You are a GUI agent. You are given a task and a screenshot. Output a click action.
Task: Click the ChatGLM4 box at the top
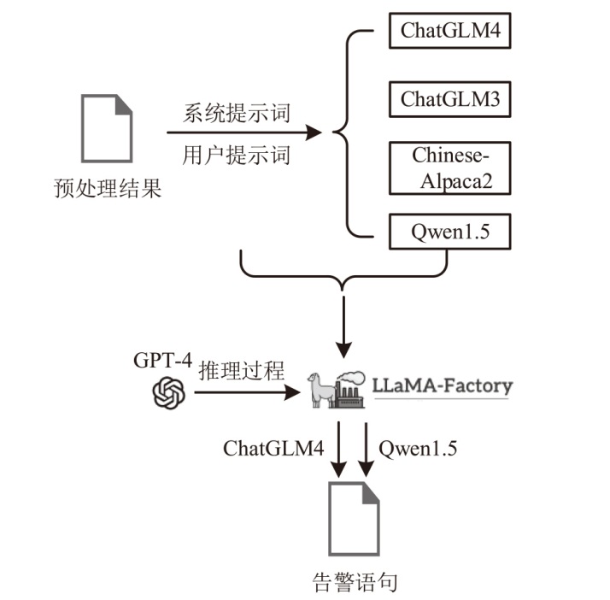450,32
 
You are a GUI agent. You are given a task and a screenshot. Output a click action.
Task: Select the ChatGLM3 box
450,99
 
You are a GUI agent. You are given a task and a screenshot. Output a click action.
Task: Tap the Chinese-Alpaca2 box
450,168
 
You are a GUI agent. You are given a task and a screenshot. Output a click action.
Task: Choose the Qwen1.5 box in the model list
450,231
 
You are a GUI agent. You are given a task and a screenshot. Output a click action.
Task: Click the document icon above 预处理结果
106,128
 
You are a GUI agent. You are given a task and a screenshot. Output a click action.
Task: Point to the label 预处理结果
107,187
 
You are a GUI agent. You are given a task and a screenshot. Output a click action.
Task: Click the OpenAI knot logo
169,392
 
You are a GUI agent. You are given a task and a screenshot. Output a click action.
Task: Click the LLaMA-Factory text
442,385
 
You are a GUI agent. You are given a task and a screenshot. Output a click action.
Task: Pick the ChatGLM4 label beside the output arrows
273,448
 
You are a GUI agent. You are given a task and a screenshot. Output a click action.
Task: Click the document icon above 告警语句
354,518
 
